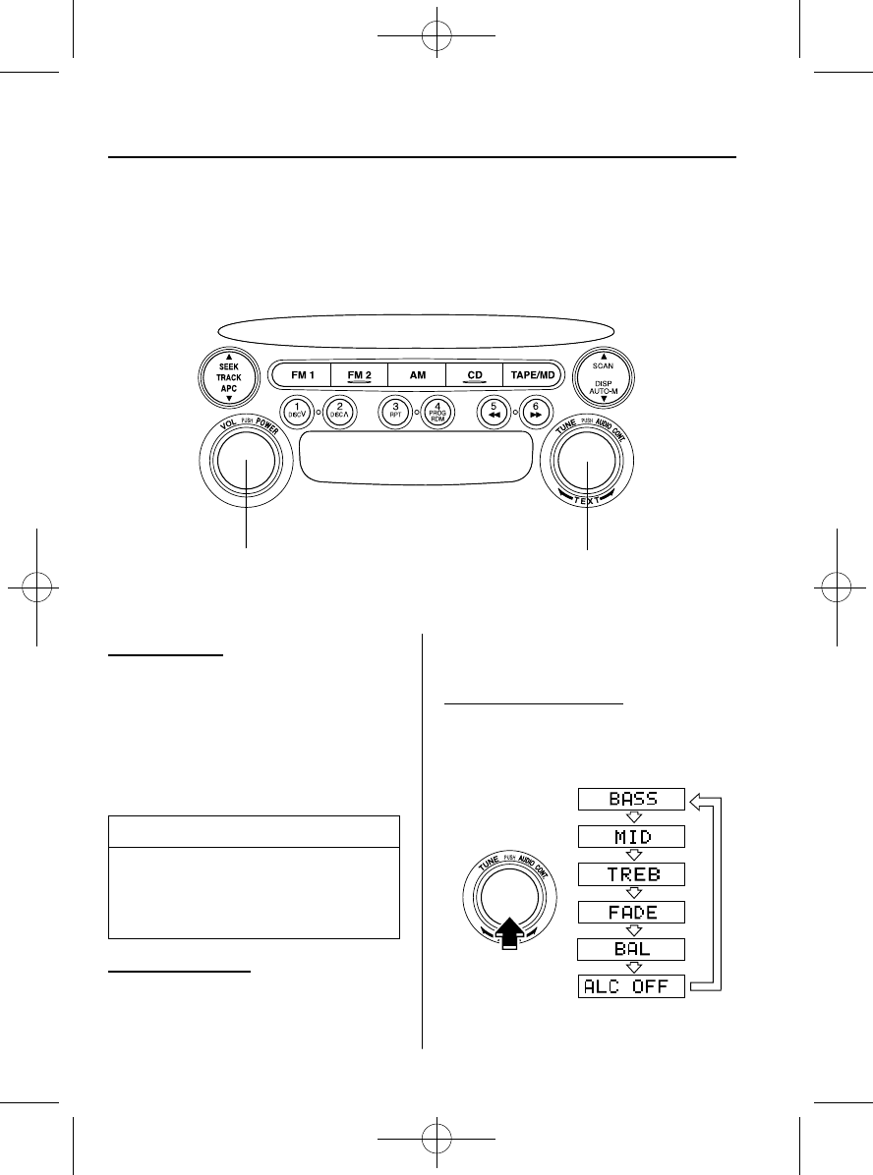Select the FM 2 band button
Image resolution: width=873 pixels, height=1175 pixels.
tap(359, 375)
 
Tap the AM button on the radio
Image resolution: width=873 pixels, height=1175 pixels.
tap(418, 375)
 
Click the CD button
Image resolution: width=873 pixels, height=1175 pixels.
tap(474, 375)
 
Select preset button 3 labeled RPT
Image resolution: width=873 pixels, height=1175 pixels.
tap(395, 411)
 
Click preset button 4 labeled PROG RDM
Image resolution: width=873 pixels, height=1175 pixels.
tap(436, 411)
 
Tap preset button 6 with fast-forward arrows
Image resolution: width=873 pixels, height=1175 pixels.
tap(535, 411)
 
